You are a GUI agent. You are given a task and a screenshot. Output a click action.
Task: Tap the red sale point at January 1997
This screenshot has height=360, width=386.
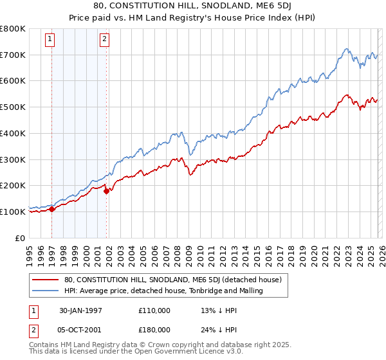coord(51,209)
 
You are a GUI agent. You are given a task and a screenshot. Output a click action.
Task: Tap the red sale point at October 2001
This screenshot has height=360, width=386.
coord(107,190)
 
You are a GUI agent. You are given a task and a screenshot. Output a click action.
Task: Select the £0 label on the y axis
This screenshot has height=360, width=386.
coord(21,238)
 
